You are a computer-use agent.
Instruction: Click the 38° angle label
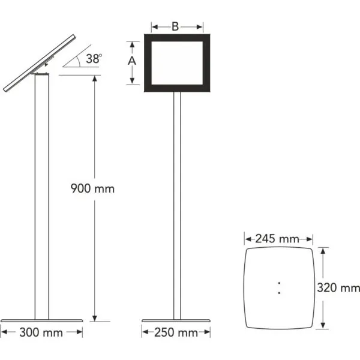point(94,59)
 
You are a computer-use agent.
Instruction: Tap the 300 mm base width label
point(41,331)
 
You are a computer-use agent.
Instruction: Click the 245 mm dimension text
point(277,238)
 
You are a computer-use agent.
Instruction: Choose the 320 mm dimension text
point(340,288)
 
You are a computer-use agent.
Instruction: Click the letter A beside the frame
point(133,61)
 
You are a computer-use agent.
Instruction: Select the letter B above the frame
point(175,26)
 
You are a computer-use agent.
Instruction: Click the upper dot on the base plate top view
point(278,282)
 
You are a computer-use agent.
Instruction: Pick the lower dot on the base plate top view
point(278,292)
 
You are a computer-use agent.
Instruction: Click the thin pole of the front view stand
point(177,204)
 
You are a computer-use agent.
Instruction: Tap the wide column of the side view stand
point(41,198)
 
